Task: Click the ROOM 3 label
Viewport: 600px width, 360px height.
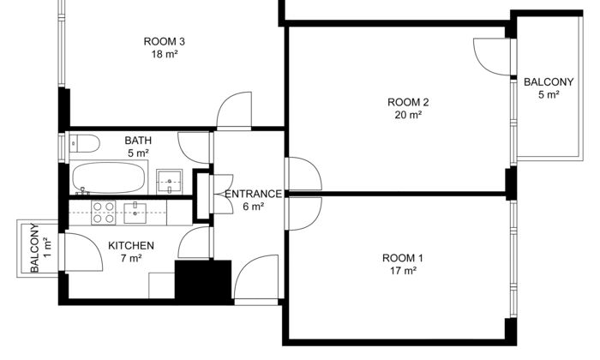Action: [165, 41]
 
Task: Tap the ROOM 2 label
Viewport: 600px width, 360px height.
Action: [408, 103]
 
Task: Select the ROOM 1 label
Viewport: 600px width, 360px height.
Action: [403, 258]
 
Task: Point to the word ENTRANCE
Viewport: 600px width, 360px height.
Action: [254, 195]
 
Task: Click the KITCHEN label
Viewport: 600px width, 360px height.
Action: [131, 246]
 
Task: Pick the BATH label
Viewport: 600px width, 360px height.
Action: [138, 141]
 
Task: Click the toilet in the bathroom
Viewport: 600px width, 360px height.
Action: [85, 143]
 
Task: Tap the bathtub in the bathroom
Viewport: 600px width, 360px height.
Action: [109, 178]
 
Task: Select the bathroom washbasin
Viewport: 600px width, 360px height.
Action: [169, 182]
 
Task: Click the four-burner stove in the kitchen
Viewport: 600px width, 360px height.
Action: [104, 213]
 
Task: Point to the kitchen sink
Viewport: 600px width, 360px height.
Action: [135, 213]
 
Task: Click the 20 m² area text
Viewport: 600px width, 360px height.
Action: [408, 115]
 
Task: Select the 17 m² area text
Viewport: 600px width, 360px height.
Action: [403, 271]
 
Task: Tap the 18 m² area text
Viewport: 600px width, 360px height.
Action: [165, 54]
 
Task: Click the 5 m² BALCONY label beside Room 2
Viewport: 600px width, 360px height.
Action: [549, 88]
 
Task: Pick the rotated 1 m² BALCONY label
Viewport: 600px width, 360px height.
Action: [40, 248]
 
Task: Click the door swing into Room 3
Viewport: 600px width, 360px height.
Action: [234, 110]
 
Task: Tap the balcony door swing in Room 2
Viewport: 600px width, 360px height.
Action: [493, 57]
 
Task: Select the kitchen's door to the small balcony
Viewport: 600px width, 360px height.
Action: [84, 253]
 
